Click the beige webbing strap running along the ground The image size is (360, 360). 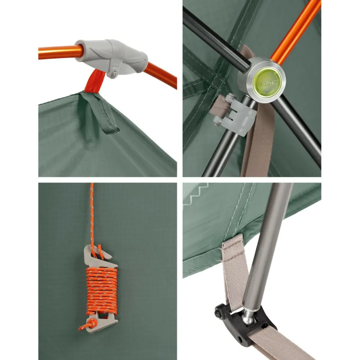coord(285,344)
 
